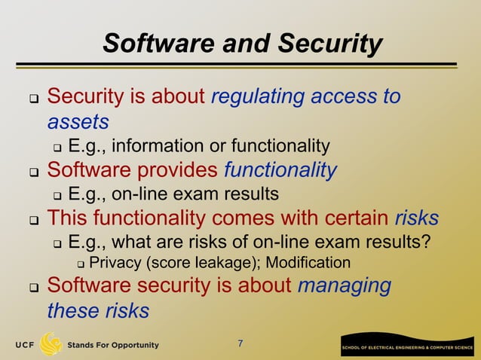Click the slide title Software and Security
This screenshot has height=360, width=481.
(x=242, y=44)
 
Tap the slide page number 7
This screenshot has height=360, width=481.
(x=240, y=344)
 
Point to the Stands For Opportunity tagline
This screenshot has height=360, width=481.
(x=113, y=345)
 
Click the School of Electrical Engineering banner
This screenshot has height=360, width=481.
(x=406, y=346)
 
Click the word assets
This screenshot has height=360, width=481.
(x=78, y=121)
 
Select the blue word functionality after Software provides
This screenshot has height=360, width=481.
(x=280, y=170)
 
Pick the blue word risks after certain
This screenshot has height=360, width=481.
(x=417, y=218)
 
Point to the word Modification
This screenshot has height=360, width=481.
(x=308, y=263)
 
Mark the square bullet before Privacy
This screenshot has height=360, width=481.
(x=81, y=264)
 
